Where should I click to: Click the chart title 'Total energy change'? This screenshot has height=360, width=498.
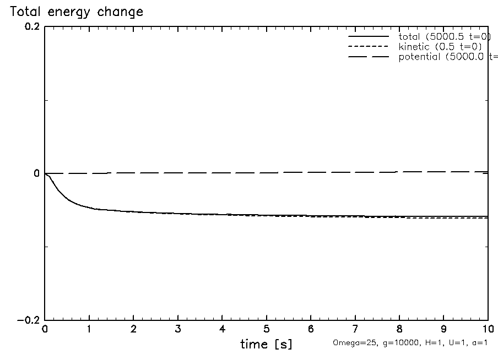click(77, 12)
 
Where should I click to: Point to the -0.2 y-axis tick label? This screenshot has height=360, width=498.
click(29, 320)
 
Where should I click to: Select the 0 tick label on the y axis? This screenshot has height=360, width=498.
click(36, 174)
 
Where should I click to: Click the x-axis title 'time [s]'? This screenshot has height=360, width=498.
click(266, 345)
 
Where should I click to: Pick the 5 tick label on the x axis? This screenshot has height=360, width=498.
click(267, 330)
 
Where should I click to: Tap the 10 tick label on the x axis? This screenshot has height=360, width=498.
click(488, 330)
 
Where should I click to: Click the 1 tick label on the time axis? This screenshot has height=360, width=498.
click(89, 330)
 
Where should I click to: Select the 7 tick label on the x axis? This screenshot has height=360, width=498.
click(355, 330)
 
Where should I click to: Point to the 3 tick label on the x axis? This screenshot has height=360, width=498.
click(178, 330)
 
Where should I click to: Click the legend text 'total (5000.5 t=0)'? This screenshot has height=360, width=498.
click(445, 36)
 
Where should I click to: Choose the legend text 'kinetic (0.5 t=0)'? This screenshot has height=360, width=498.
click(441, 47)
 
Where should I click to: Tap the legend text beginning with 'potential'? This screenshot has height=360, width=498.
click(447, 57)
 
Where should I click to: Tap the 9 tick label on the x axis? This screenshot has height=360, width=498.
click(443, 330)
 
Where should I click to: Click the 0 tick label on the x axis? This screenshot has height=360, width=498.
click(45, 330)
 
